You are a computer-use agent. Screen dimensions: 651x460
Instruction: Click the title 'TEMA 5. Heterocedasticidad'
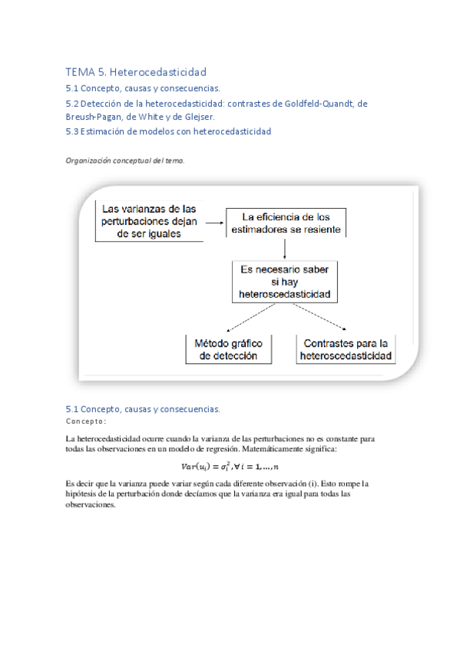pos(136,72)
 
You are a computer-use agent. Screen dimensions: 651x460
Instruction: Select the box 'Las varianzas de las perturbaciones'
pos(150,221)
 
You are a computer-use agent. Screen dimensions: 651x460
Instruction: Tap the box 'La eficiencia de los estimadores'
pos(286,222)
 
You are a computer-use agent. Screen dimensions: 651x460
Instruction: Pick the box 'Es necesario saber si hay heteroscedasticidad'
pos(285,281)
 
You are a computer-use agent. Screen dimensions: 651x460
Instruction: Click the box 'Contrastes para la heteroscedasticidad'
pos(346,349)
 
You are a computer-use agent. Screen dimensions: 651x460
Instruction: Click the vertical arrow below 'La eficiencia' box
pos(285,247)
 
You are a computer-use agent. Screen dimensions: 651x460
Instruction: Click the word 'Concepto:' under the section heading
pos(86,421)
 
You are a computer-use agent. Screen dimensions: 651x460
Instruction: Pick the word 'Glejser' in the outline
pos(196,117)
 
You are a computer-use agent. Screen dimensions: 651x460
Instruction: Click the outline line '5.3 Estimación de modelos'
pos(169,131)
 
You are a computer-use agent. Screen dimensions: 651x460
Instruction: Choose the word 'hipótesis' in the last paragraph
pos(84,494)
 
